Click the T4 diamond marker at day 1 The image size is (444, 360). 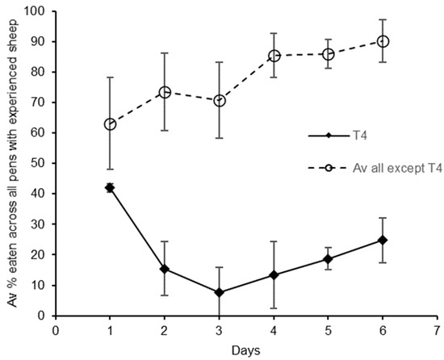(110, 187)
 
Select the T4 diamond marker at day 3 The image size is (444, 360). (219, 292)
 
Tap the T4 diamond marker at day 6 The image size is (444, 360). (383, 240)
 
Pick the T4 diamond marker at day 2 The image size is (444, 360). (165, 269)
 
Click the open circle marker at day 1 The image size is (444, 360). (110, 124)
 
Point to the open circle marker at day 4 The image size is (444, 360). (274, 56)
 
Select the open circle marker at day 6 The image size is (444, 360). (383, 41)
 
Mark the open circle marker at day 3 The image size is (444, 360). (219, 101)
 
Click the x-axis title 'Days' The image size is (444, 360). (246, 352)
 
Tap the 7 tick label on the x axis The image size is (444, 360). (438, 331)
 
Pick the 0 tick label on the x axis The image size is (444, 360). (56, 331)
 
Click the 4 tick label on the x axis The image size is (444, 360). (274, 331)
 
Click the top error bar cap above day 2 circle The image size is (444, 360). (165, 53)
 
